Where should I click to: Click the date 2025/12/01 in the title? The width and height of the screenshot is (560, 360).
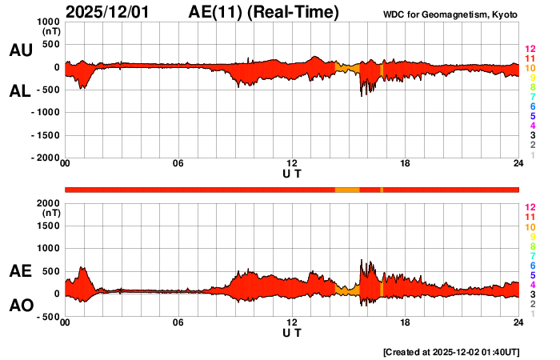tap(109, 12)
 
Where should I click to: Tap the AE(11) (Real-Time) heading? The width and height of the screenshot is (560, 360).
tap(263, 12)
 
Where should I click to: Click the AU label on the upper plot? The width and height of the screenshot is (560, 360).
tap(20, 50)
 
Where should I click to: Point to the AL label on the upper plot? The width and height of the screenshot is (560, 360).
tap(20, 91)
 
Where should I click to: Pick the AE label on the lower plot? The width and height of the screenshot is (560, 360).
tap(20, 271)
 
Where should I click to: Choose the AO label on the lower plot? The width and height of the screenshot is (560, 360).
tap(20, 306)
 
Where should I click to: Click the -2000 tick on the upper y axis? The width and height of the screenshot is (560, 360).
tap(46, 158)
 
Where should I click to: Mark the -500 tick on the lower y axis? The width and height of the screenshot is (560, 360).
tap(49, 317)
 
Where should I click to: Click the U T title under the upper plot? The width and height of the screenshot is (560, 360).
tap(292, 174)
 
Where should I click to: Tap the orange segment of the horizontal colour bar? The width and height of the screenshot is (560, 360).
tap(346, 189)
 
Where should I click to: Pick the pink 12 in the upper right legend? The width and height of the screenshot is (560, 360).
tap(530, 49)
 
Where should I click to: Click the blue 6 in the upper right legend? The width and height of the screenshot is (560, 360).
tap(532, 106)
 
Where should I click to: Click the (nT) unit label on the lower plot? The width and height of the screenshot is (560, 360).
tap(50, 214)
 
